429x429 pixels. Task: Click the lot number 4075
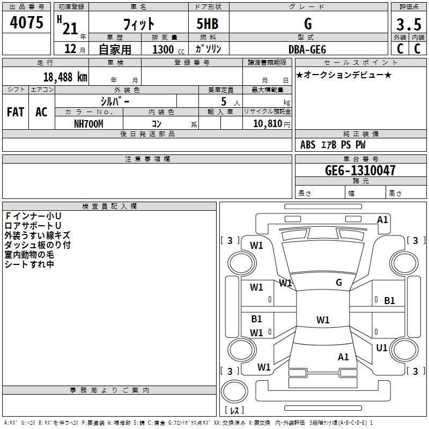tap(26, 23)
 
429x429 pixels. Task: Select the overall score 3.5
tap(409, 24)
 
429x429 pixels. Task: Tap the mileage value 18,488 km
tap(65, 77)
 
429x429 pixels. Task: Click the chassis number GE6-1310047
tap(360, 171)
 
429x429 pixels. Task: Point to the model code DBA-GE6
tap(307, 49)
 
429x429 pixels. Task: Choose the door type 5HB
tap(208, 24)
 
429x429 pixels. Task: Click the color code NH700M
tap(88, 124)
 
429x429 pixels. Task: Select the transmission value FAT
tap(16, 112)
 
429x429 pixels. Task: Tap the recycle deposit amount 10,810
tap(268, 124)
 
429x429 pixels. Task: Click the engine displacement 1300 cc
tap(168, 49)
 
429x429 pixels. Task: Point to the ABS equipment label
tap(308, 145)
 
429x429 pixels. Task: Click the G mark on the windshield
tap(339, 283)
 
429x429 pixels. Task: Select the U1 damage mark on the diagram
tap(382, 347)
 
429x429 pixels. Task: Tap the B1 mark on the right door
tap(389, 301)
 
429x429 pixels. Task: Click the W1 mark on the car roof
tap(323, 320)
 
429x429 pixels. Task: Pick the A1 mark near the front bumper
tap(382, 220)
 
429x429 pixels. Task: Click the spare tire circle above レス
tap(234, 391)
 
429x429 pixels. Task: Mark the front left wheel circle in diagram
tap(242, 263)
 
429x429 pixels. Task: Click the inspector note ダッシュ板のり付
tap(38, 245)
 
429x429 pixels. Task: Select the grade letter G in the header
tap(308, 24)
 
